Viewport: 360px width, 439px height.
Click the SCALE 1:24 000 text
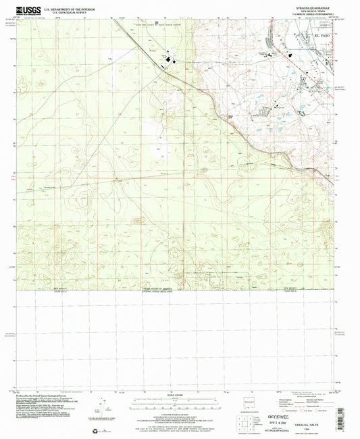click(x=179, y=394)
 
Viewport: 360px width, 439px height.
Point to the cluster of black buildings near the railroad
click(x=166, y=63)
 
